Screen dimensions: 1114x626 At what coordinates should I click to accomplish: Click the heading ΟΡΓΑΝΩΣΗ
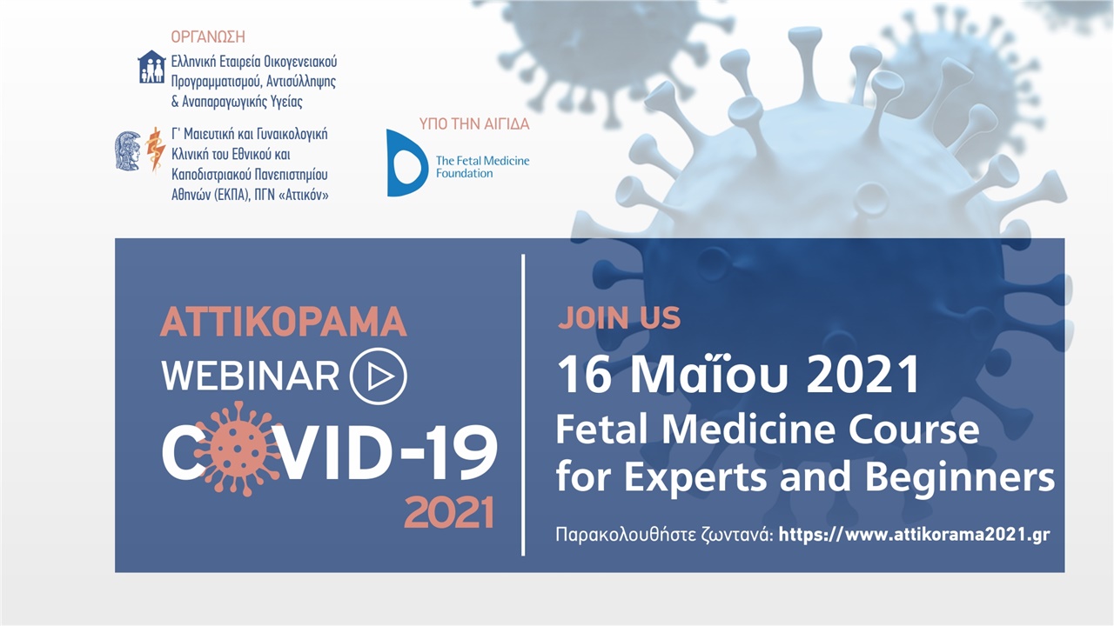pos(208,37)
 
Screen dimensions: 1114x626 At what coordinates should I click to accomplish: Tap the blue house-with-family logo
pos(151,67)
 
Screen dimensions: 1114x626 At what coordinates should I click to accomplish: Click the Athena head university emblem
pos(128,151)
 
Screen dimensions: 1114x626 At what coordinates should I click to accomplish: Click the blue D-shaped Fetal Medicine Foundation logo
pos(406,163)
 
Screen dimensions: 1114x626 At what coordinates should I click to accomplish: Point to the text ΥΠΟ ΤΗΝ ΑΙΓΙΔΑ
pos(474,123)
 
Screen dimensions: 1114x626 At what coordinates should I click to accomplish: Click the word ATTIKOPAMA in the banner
pos(284,322)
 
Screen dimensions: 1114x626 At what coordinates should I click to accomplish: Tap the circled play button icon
pos(378,376)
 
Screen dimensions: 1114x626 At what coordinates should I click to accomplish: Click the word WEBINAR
pos(251,376)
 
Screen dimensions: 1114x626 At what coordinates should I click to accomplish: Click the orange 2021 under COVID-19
pos(449,512)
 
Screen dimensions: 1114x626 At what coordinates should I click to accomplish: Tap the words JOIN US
pos(619,317)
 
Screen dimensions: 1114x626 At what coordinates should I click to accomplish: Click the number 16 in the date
pos(584,375)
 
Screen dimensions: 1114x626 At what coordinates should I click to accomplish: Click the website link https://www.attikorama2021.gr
pos(914,535)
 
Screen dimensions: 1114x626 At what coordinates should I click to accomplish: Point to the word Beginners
pos(960,477)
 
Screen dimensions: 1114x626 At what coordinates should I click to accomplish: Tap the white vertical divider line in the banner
pos(523,405)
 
